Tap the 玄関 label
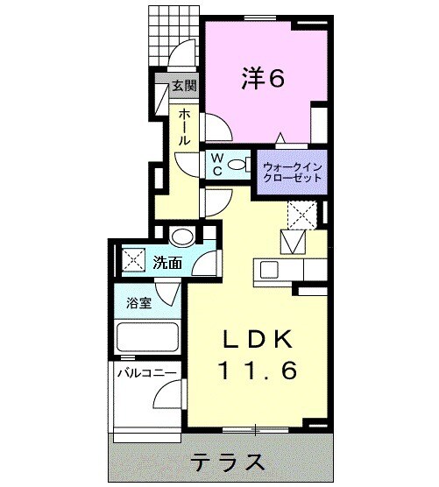183,86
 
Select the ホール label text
185,127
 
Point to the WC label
216,164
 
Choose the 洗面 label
167,261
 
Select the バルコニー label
147,373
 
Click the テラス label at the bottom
223,462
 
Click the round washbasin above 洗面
182,236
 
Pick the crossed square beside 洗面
134,260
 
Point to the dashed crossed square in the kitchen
301,213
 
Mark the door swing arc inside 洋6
218,127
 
